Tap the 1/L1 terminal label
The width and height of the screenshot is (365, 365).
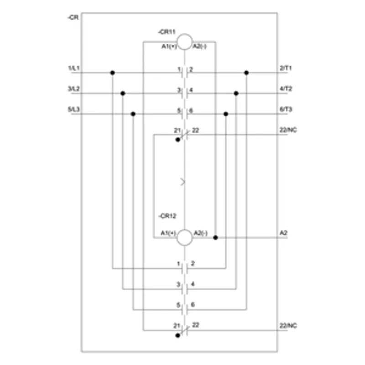point(74,68)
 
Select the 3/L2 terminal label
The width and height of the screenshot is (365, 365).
point(74,89)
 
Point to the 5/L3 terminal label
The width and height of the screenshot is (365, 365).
point(74,109)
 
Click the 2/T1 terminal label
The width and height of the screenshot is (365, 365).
point(286,68)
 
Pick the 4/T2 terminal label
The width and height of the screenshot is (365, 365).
point(286,89)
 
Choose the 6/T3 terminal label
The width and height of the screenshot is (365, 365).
point(286,109)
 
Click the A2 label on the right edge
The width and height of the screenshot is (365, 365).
point(283,233)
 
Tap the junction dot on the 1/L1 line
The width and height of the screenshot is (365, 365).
point(112,73)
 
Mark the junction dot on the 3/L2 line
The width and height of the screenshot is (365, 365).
point(123,94)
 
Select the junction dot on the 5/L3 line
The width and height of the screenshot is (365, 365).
point(133,114)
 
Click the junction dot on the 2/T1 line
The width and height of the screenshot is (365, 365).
point(246,73)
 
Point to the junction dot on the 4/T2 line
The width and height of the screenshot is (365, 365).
point(236,94)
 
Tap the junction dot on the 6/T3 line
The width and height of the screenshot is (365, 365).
point(226,114)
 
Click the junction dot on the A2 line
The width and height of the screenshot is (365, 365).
point(215,237)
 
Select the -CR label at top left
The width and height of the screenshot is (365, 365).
point(73,17)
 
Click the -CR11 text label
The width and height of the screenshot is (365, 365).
point(167,32)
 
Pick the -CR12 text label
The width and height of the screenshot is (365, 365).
point(167,216)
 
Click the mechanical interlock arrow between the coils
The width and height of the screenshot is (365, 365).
point(183,182)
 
